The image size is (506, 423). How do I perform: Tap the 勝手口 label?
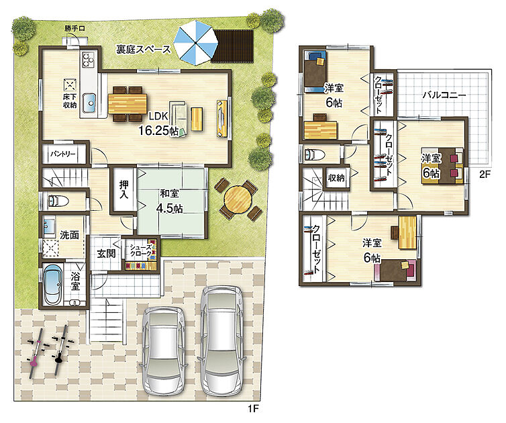[x=74, y=28]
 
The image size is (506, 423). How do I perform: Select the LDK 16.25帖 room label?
[x=158, y=124]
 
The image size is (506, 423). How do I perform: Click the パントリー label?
[x=62, y=154]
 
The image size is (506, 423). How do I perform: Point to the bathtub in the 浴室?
[x=52, y=285]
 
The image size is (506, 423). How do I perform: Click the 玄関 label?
[x=106, y=254]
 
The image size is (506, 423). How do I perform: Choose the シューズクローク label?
[x=140, y=251]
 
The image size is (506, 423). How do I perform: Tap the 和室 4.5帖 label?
[x=169, y=201]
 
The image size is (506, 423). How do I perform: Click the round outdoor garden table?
[x=238, y=199]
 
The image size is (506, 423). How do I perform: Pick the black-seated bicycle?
[x=61, y=350]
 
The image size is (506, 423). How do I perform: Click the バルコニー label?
[x=444, y=95]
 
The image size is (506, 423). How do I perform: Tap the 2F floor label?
[x=485, y=175]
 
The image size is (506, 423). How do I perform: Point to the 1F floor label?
[x=253, y=409]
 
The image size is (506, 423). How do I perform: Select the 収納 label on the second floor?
[x=336, y=178]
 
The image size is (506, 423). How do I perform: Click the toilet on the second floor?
[x=314, y=154]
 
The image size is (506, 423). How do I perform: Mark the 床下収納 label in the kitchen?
[x=70, y=101]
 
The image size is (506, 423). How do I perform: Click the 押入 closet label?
[x=124, y=189]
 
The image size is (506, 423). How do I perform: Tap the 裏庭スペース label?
[x=144, y=50]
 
